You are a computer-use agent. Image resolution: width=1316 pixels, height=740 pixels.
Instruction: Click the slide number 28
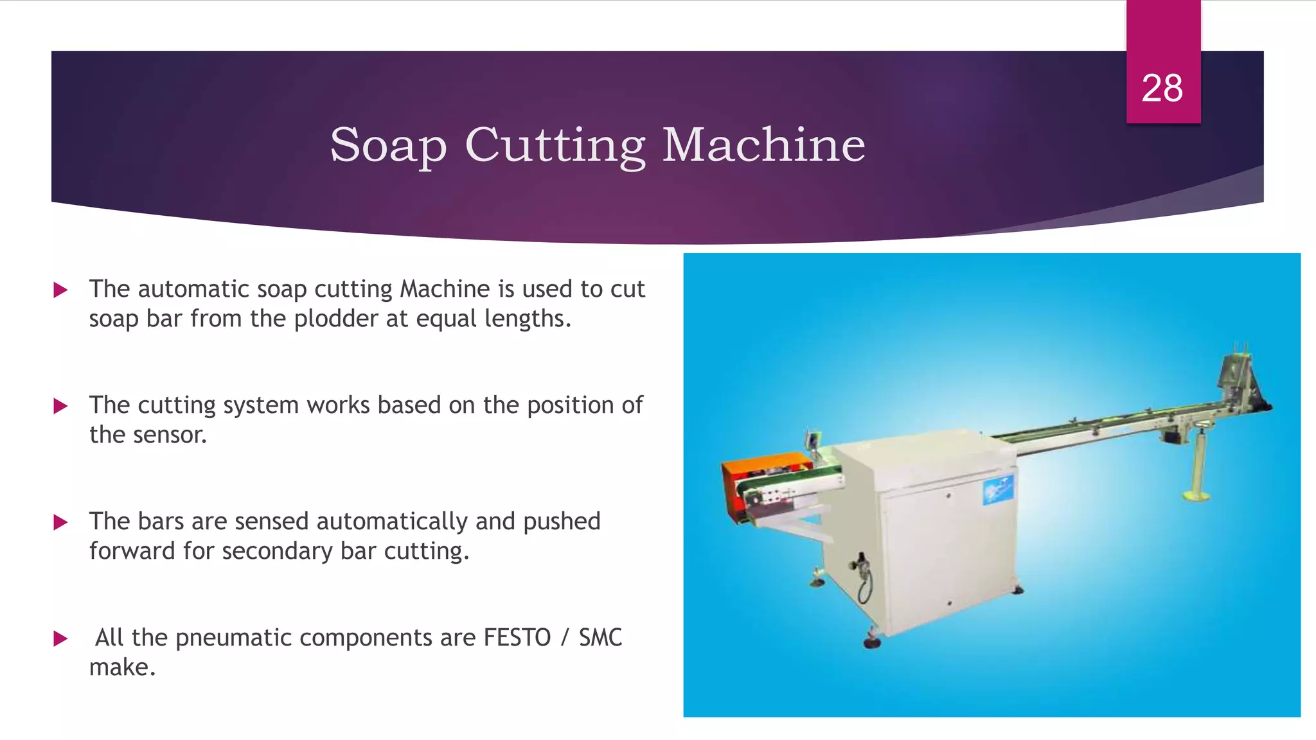click(1162, 88)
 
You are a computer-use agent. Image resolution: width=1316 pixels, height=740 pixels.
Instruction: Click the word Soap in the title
click(388, 145)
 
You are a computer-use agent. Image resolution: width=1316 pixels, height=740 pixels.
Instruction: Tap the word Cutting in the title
click(555, 145)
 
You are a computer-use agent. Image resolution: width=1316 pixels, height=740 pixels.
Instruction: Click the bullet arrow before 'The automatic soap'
click(61, 290)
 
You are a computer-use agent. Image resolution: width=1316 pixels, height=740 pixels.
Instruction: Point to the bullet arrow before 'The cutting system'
click(61, 406)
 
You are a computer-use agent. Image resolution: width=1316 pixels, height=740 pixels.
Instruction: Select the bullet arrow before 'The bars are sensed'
click(61, 522)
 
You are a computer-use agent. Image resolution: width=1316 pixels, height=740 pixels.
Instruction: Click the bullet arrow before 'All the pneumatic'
click(61, 639)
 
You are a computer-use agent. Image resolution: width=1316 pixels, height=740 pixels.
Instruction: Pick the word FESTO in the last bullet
click(517, 638)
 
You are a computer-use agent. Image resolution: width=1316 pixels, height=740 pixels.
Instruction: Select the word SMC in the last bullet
click(600, 638)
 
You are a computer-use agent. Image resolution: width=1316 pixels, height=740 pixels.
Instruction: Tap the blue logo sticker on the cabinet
click(998, 490)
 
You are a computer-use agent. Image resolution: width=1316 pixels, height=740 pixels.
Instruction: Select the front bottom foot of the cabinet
click(872, 639)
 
